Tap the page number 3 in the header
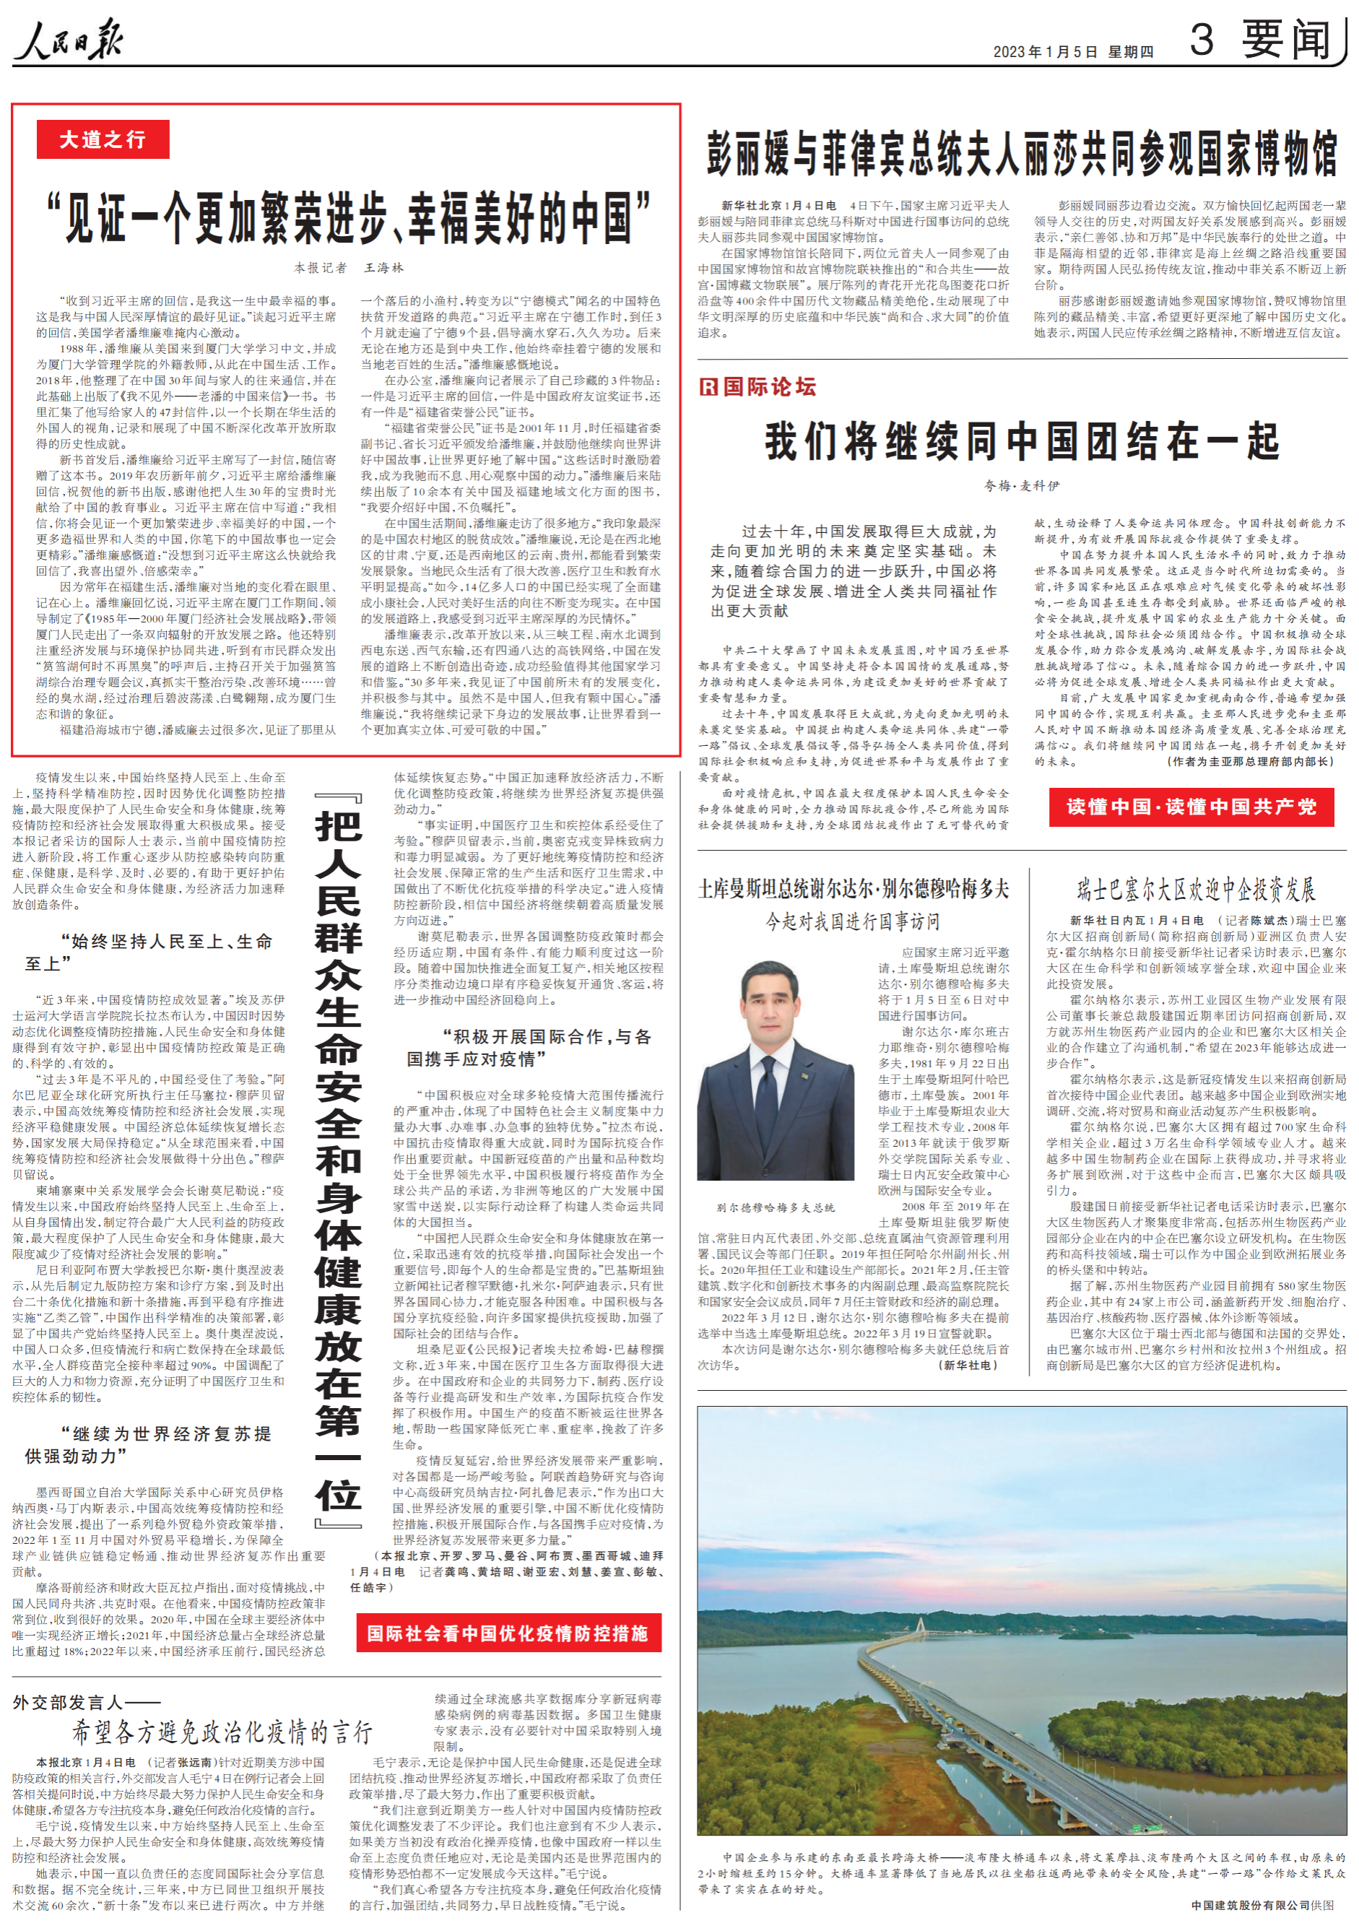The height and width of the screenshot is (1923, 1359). [1201, 40]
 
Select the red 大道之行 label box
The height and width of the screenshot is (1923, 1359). [103, 139]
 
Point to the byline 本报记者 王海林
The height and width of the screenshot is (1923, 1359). [348, 268]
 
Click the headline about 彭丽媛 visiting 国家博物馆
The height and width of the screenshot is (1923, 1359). [1022, 153]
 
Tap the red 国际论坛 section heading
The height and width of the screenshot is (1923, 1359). [757, 386]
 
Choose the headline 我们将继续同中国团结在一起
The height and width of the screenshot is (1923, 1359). [1022, 441]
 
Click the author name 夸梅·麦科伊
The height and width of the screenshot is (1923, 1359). [1022, 486]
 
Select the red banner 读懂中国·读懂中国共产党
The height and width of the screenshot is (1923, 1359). [1191, 807]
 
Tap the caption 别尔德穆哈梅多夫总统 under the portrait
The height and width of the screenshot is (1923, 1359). [776, 1207]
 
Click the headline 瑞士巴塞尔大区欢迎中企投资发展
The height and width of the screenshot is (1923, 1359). [1196, 890]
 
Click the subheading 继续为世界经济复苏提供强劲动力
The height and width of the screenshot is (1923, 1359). [148, 1445]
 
